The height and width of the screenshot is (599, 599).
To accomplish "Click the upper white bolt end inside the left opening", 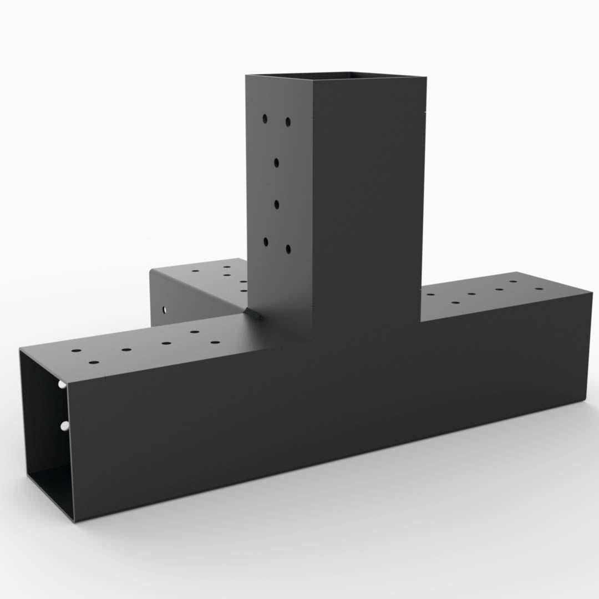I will click(62, 384).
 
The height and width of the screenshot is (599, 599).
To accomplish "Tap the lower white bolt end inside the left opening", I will click(64, 426).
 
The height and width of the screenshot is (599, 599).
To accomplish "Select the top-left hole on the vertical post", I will click(265, 119).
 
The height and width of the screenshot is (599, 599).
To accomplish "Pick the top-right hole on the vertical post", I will click(288, 121).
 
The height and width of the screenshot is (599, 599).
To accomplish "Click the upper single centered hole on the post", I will click(276, 163).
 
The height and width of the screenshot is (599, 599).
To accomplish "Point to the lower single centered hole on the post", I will click(276, 205).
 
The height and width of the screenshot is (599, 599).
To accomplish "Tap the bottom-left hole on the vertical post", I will click(266, 241).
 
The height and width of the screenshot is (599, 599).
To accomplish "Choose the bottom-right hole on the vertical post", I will click(288, 249).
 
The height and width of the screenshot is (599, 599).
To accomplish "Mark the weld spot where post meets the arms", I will click(257, 315).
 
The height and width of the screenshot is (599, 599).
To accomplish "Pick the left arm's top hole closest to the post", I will click(216, 342).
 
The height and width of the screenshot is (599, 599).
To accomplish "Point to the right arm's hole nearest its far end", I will click(539, 289).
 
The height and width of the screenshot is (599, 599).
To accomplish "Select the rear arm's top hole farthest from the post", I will click(195, 271).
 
